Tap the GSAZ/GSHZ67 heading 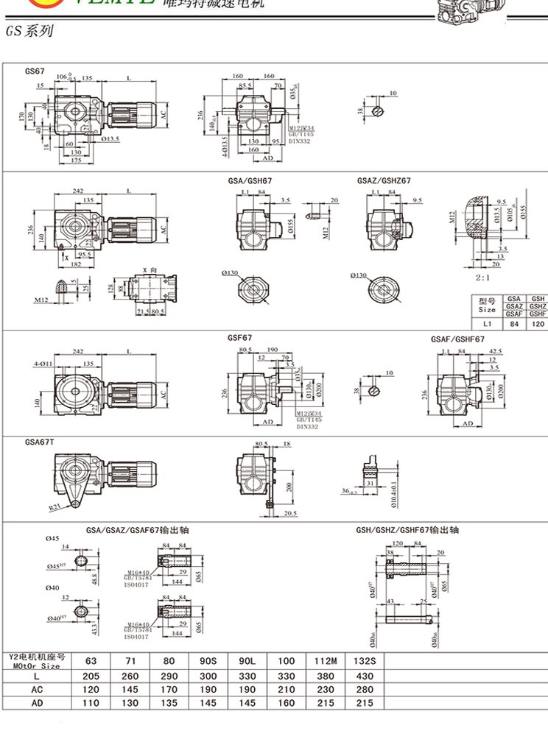(x=384, y=180)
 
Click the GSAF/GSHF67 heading (x=457, y=339)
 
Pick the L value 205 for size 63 (x=91, y=676)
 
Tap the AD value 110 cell (x=91, y=704)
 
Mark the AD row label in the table (x=37, y=704)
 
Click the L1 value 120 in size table (x=538, y=323)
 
